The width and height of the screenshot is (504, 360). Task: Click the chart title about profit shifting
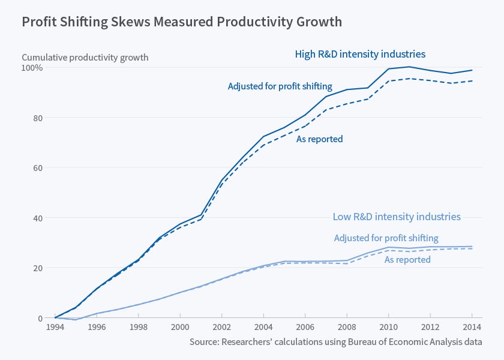click(182, 22)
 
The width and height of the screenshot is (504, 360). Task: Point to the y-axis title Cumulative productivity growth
click(85, 58)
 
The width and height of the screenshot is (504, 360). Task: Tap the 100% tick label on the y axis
click(32, 68)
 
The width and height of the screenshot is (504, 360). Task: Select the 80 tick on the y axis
click(37, 118)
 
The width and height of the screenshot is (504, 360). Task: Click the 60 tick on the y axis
click(37, 167)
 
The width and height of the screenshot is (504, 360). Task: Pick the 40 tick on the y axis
click(37, 218)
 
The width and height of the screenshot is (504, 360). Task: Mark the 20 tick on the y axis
click(37, 268)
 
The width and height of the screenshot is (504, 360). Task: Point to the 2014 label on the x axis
click(472, 328)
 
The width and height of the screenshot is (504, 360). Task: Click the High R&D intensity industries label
click(360, 54)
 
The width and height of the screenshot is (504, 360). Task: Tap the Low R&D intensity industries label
click(397, 217)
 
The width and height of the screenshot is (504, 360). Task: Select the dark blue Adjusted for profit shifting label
click(280, 86)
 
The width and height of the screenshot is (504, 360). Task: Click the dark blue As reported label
click(320, 139)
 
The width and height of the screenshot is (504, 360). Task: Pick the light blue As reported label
click(407, 260)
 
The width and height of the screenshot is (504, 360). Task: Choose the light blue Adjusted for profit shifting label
click(386, 238)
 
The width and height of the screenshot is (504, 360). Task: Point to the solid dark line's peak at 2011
click(409, 67)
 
